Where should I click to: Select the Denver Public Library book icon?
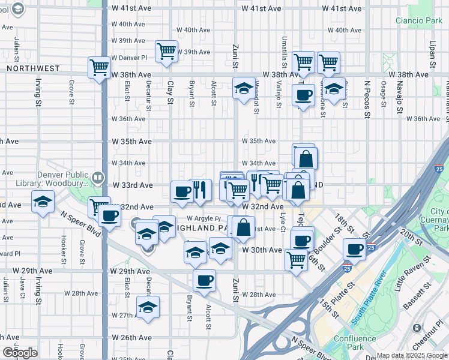pyautogui.click(x=97, y=177)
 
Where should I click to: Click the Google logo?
pyautogui.click(x=20, y=353)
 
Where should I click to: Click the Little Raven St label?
pyautogui.click(x=417, y=278)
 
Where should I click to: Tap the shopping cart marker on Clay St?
pyautogui.click(x=166, y=51)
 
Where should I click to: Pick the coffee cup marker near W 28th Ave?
pyautogui.click(x=204, y=280)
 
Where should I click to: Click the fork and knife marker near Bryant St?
pyautogui.click(x=200, y=190)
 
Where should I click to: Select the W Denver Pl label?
pyautogui.click(x=129, y=58)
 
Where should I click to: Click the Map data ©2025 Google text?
pyautogui.click(x=412, y=355)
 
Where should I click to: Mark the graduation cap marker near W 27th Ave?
pyautogui.click(x=148, y=307)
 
